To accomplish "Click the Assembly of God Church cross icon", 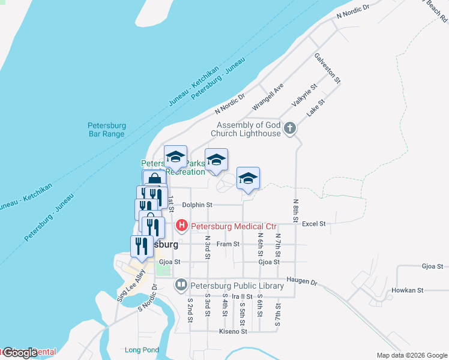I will (290, 128).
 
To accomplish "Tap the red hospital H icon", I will (181, 226).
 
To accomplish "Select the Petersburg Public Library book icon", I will (181, 285).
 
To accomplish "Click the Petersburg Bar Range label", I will (106, 130).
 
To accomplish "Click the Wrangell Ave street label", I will (268, 97).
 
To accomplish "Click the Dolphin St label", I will (197, 205).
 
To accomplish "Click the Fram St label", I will (228, 244).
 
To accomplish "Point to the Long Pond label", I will (142, 350).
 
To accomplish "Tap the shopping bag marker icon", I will (154, 180).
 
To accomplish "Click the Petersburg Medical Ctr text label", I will (234, 226).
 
